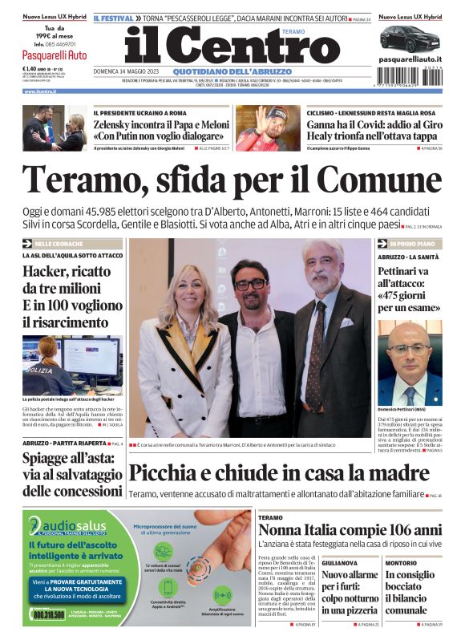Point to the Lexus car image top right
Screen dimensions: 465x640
pos(410,38)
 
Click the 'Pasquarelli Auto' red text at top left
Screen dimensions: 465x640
pos(55,55)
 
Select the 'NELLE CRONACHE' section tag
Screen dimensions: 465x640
pos(61,243)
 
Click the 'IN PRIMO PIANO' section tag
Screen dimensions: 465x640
pos(414,243)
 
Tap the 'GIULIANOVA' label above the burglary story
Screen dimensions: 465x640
pos(340,563)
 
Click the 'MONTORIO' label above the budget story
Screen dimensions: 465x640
pos(401,563)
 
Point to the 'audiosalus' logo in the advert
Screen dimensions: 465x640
pos(60,524)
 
